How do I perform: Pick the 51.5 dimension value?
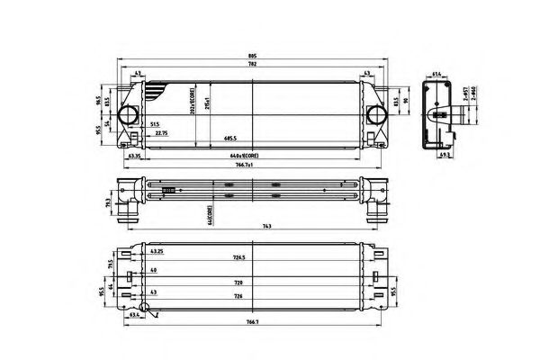pos(155,126)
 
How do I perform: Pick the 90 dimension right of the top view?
pos(406,100)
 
